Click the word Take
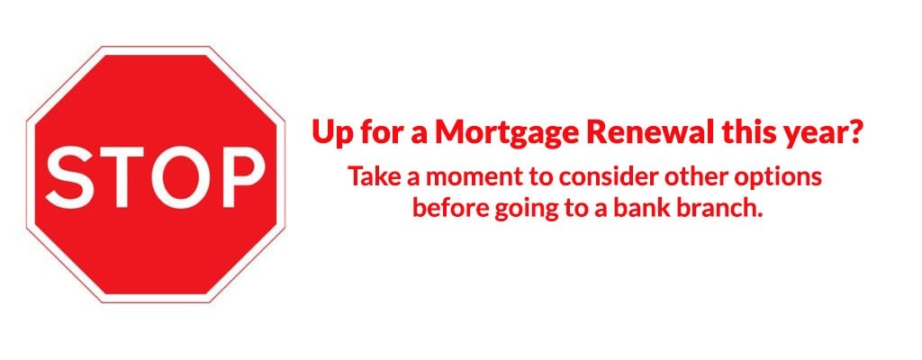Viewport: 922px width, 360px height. tap(367, 177)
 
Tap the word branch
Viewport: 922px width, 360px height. tap(720, 208)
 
